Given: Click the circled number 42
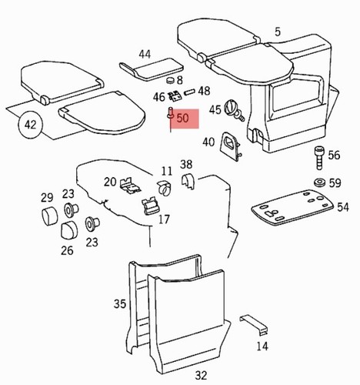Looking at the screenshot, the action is point(30,125).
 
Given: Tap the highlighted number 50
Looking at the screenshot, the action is point(183,119).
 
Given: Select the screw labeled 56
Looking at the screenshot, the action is point(319,158).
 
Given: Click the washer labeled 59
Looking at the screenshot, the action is point(320,182).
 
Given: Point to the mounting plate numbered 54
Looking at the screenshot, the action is point(292,207).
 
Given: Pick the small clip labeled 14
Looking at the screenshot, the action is point(254,325).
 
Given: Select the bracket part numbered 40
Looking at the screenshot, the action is point(230,146).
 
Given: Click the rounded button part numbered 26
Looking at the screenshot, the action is point(69,229).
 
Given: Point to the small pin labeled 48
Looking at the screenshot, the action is point(190,92).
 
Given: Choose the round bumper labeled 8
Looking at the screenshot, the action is point(170,80).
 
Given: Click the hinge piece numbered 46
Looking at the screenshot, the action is point(175,96).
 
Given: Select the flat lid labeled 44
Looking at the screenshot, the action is point(152,69).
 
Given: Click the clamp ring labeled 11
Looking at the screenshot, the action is point(164,187).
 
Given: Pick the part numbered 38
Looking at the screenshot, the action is point(188,182).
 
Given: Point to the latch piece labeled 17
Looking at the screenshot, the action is point(150,206).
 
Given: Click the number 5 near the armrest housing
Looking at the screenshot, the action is point(278,32).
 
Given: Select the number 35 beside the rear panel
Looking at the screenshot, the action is point(120,304).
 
